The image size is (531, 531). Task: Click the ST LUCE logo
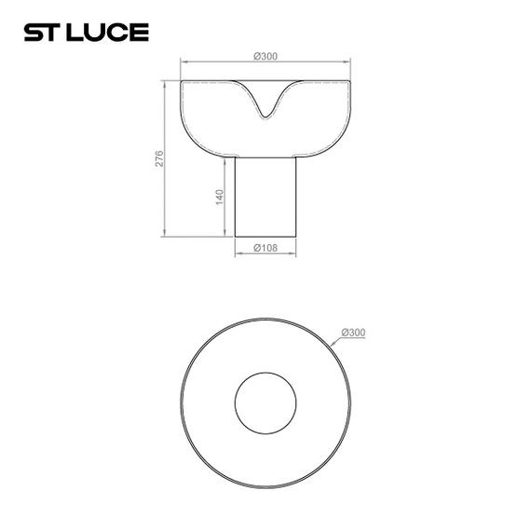coord(85,33)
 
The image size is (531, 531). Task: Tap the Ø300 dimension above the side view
coord(265,58)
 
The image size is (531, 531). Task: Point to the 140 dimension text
coord(220,197)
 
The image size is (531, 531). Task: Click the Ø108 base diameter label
coord(265,247)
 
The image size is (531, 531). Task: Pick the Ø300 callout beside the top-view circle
coord(353,333)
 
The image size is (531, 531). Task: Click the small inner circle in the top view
coord(265,405)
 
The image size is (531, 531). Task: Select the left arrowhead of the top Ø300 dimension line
coord(184,63)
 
